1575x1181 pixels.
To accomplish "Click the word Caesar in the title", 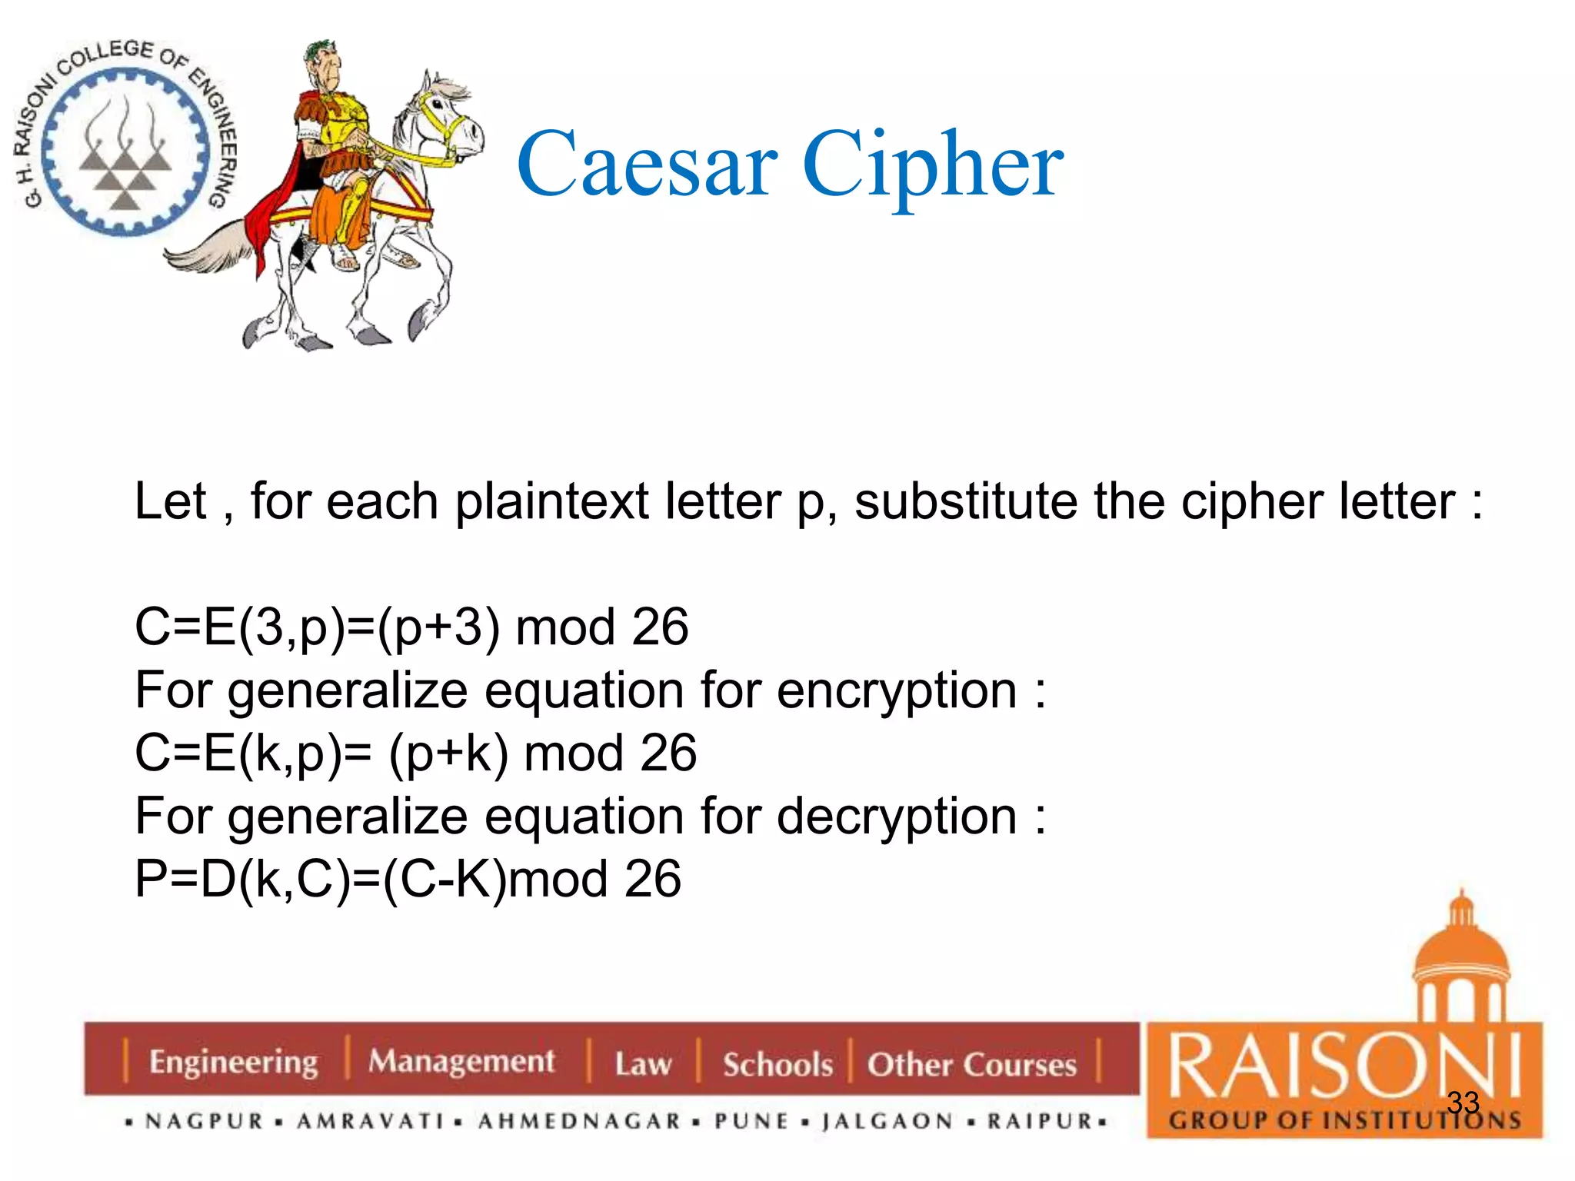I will [647, 165].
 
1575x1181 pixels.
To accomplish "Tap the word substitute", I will [966, 502].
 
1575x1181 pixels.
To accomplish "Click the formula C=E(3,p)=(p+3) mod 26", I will [411, 627].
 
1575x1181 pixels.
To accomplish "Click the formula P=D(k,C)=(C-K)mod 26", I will [408, 879].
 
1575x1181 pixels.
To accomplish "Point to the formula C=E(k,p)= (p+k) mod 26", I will [415, 753].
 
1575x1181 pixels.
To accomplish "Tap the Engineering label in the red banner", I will [233, 1063].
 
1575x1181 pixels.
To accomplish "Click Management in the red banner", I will [461, 1062].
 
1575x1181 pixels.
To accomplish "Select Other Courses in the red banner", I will [972, 1065].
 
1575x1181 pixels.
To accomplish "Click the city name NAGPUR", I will [205, 1121].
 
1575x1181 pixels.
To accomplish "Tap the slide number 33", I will [1463, 1103].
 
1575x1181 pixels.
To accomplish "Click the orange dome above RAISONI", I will [1461, 953].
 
